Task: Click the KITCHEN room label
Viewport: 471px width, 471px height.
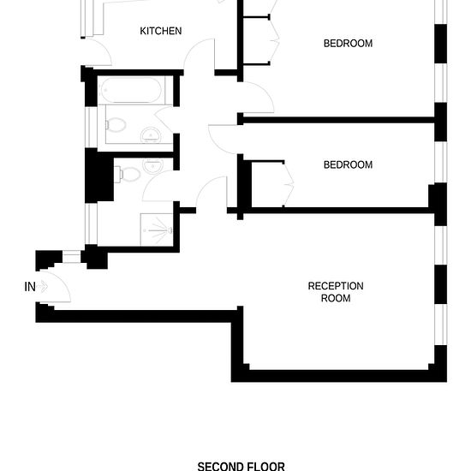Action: [x=161, y=31]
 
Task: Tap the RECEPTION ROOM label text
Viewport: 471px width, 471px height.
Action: [x=336, y=292]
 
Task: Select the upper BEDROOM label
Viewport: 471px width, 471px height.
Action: [x=348, y=44]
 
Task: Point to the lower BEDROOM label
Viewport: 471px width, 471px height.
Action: [x=348, y=164]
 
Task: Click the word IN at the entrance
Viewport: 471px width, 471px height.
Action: [x=30, y=287]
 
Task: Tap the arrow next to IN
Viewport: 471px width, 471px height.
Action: [x=43, y=286]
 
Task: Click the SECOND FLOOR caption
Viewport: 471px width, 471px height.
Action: [x=241, y=466]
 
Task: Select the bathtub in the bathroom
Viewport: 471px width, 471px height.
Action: [x=131, y=90]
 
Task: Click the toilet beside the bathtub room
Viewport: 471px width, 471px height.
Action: [x=116, y=125]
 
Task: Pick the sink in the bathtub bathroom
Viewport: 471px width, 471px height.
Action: [x=151, y=134]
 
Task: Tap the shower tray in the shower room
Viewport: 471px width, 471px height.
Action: [x=157, y=230]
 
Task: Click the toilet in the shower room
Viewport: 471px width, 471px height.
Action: [x=128, y=174]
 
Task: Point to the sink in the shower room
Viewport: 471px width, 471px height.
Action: [x=153, y=166]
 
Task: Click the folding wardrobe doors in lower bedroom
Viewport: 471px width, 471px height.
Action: [x=289, y=184]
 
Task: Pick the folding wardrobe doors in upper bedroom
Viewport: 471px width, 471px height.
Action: [x=274, y=39]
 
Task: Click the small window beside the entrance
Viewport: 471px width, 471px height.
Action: [x=71, y=257]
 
